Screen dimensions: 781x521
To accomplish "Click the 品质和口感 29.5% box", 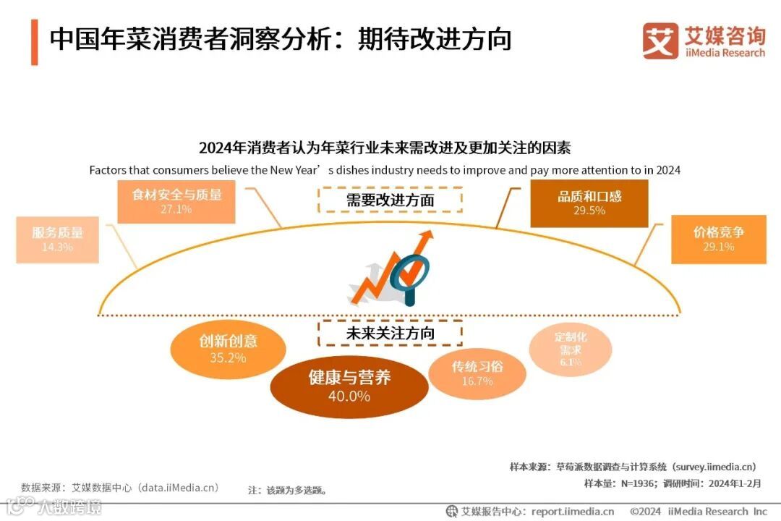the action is click(589, 203).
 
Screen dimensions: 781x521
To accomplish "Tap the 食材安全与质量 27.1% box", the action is click(176, 201).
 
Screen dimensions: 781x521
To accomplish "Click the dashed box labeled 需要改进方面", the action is click(390, 200).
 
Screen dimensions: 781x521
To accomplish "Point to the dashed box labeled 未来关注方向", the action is click(390, 334).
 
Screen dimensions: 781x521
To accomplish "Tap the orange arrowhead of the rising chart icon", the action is click(427, 237).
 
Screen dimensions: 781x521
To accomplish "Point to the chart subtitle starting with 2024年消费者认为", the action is click(385, 148).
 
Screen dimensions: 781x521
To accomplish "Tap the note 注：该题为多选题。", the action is click(287, 490).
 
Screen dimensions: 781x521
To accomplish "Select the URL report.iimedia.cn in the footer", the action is click(572, 511).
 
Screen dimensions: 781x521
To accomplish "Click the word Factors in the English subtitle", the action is click(108, 171).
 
